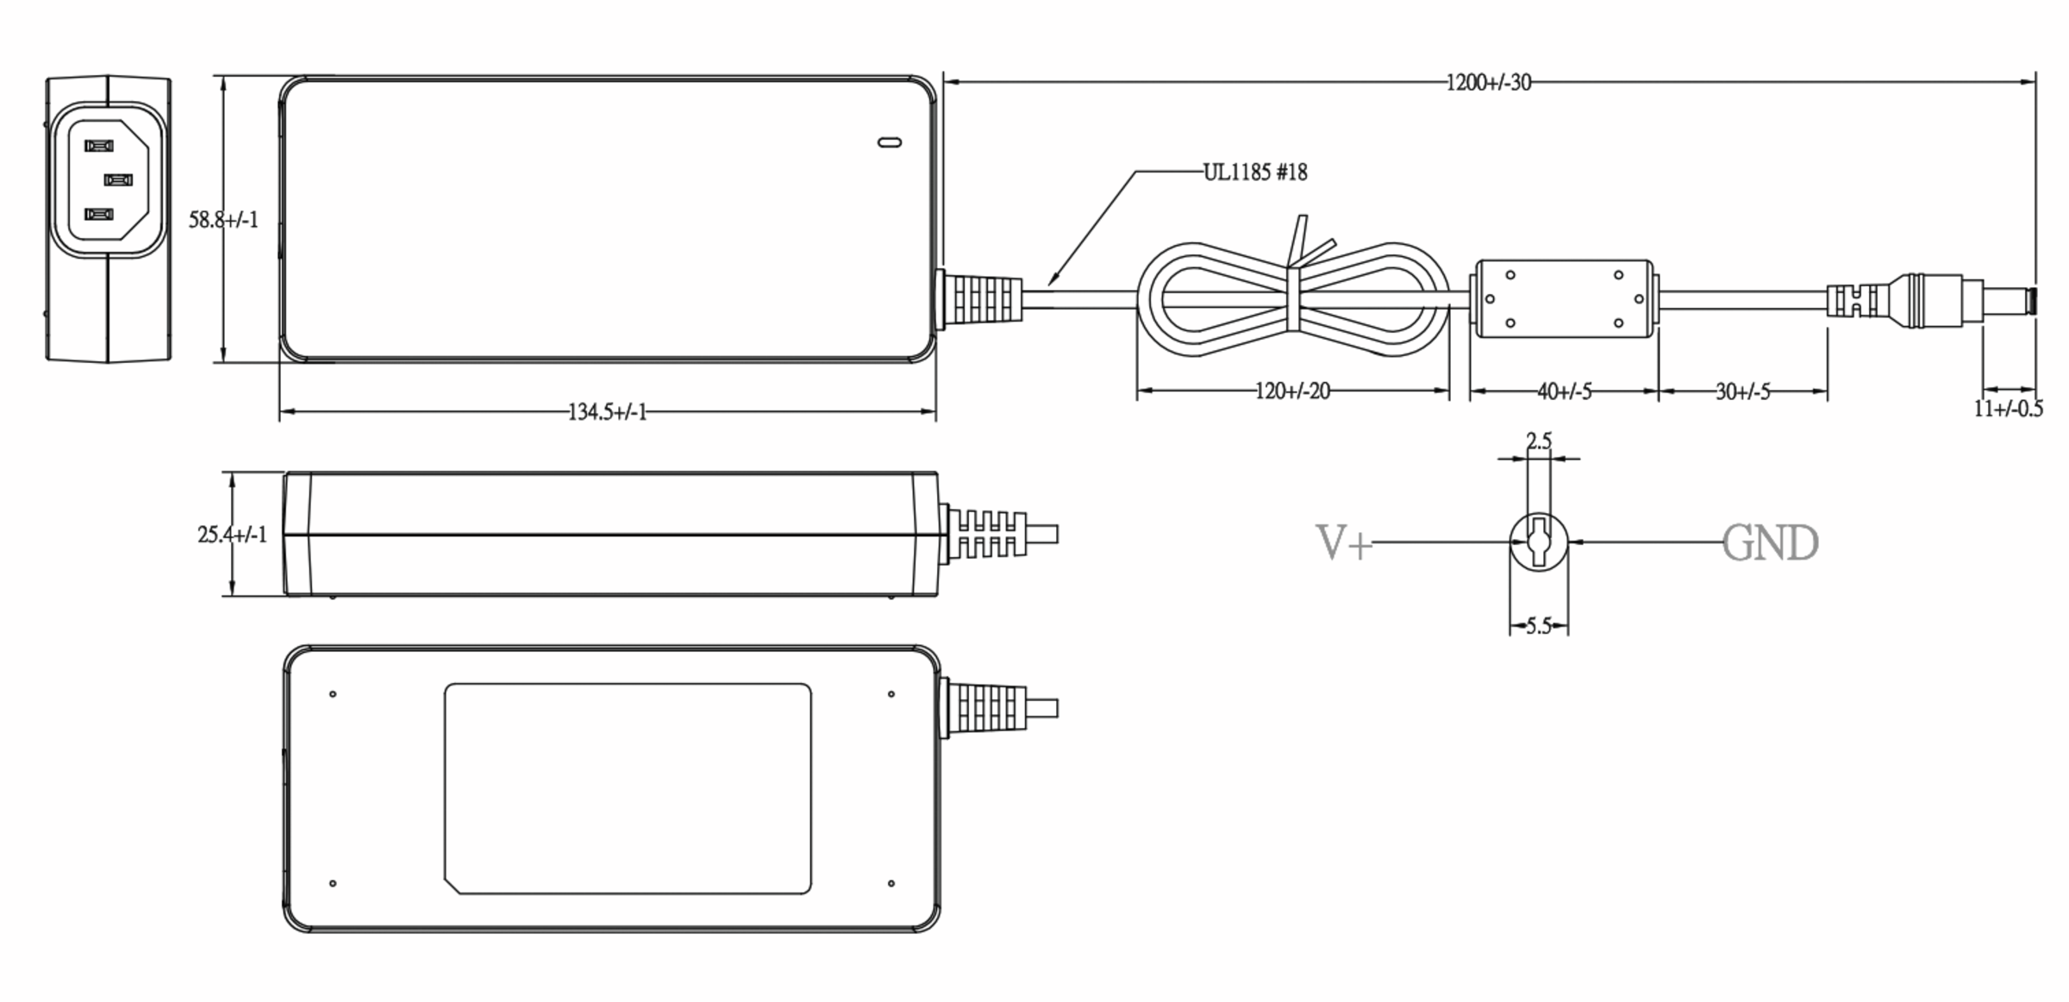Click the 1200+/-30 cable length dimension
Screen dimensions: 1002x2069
1488,83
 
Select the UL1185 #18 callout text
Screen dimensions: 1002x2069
1254,172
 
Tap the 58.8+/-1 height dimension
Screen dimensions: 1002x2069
223,220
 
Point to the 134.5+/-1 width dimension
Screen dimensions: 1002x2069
607,412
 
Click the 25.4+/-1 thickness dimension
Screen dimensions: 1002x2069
232,535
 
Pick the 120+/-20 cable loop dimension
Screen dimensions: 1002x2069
1291,391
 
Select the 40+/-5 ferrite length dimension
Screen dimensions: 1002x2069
1564,391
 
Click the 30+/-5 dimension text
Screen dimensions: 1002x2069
1742,392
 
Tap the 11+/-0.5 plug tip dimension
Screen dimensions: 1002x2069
2008,409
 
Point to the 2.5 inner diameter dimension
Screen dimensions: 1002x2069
1538,442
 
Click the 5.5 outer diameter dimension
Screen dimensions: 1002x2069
1538,626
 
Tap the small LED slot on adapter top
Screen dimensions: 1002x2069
889,142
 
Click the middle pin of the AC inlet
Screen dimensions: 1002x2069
118,179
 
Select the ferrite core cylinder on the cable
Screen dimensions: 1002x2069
1564,299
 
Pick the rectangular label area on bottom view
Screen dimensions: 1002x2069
627,788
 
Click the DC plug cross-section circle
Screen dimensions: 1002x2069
1538,542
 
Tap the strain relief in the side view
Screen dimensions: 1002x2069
987,535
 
